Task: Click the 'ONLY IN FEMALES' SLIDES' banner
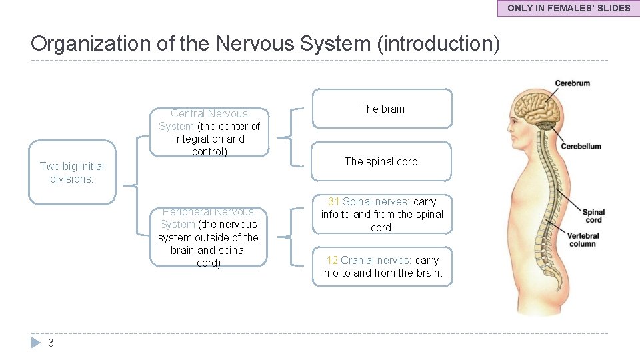[x=569, y=8]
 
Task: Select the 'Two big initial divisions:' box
[x=72, y=173]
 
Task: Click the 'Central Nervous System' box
[x=209, y=133]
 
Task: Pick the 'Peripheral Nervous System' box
[x=209, y=237]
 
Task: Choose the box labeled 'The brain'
[x=382, y=109]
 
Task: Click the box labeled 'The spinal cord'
[x=382, y=161]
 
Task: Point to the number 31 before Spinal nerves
[x=333, y=201]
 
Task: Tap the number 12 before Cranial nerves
[x=332, y=260]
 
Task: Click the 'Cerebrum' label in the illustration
[x=572, y=83]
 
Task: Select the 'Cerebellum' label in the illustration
[x=581, y=146]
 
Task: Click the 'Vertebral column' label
[x=583, y=239]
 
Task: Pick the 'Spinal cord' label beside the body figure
[x=593, y=216]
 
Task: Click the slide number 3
[x=51, y=343]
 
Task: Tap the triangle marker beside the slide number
[x=36, y=343]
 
